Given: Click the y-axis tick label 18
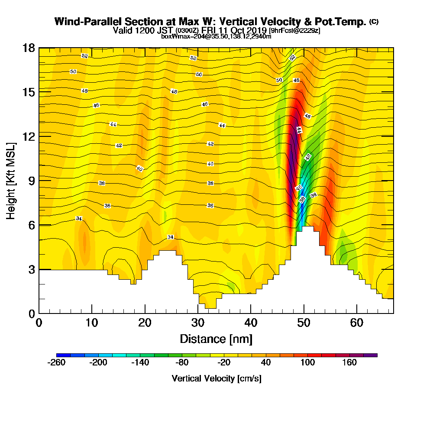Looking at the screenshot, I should click(x=28, y=48).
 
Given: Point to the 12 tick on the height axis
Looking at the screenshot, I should click(x=28, y=136).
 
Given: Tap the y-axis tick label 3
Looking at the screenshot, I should click(x=31, y=269).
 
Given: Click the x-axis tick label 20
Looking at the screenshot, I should click(x=145, y=323).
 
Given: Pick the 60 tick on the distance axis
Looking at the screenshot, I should click(x=356, y=323).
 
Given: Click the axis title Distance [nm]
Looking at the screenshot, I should click(x=216, y=339).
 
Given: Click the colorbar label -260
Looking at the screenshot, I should click(x=56, y=363).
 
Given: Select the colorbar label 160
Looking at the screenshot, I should click(x=350, y=363).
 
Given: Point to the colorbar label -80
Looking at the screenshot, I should click(x=182, y=363).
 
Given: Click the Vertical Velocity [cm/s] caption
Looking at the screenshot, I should click(x=216, y=378).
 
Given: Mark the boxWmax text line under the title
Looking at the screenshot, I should click(x=216, y=36).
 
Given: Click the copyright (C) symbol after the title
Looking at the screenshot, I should click(x=374, y=22).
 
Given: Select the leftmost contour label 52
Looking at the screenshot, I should click(x=84, y=56).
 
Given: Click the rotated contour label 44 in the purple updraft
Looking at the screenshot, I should click(x=298, y=130).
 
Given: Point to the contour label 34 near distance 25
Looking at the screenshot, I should click(x=171, y=237).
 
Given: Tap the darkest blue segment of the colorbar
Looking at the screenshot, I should click(x=63, y=355).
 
